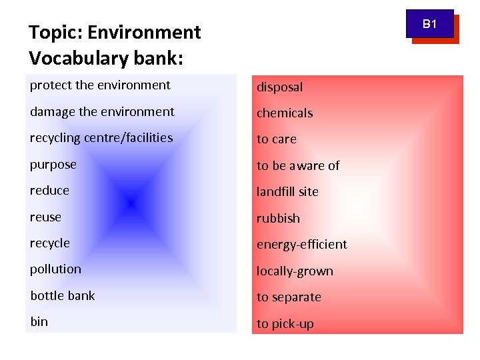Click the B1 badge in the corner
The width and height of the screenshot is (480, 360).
pos(430,25)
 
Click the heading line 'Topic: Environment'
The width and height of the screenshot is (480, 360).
pos(115,32)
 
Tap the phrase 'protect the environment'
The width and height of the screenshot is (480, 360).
pos(100,85)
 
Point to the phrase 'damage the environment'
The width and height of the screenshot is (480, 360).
pos(102,112)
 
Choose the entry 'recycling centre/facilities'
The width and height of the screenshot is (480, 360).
pos(101,138)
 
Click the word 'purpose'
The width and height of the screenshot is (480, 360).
pos(53,165)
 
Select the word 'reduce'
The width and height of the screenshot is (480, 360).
pos(49,191)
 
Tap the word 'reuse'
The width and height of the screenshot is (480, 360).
pos(45,217)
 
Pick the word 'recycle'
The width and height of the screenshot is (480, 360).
pos(50,243)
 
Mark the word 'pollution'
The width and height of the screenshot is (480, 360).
pos(55,269)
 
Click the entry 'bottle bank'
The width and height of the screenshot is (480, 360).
pos(63,295)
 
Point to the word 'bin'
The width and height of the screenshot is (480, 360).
pos(39,322)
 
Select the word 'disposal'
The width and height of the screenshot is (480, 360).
pos(280,87)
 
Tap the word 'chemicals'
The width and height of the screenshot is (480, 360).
pos(285,113)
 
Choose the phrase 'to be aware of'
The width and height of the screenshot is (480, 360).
pos(298,166)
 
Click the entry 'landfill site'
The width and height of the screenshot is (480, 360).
pos(288,192)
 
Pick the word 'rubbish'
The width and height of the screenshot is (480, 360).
pos(279,219)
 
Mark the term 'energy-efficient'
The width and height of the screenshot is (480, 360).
pos(302,245)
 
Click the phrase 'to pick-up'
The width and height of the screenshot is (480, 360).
pos(285,324)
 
